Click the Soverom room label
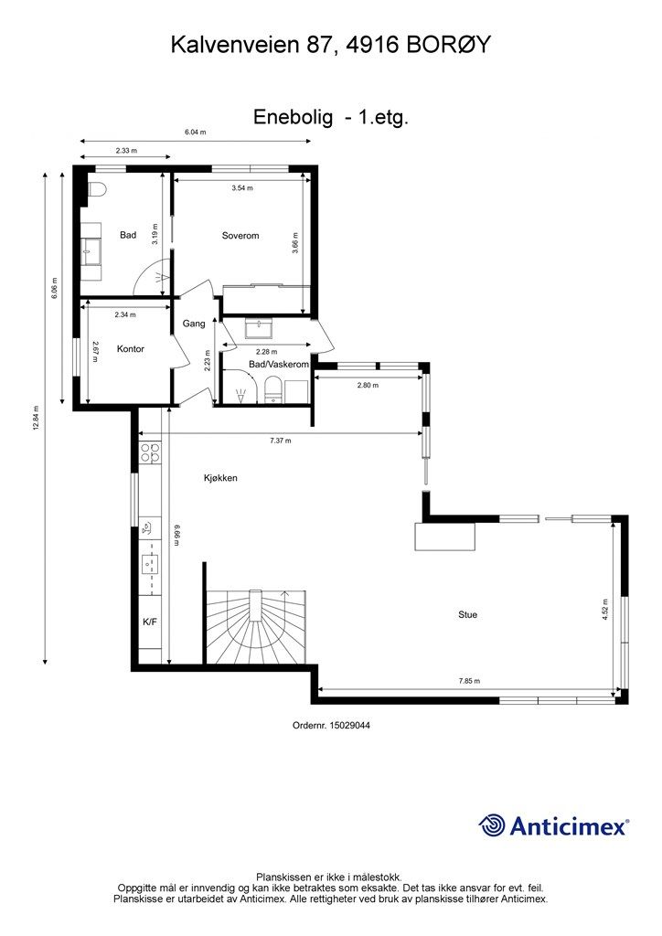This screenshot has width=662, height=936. point(240,236)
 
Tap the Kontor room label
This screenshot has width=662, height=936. point(131,349)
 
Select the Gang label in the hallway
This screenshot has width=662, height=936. point(194,324)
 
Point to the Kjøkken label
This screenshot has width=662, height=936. point(220,478)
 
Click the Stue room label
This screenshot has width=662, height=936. point(468,615)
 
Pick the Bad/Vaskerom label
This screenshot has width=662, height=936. point(279,365)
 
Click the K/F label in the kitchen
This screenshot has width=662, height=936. point(150,622)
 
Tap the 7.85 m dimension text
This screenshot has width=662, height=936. point(469,681)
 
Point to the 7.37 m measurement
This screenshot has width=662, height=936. point(281,441)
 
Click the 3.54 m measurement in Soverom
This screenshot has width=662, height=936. point(241,188)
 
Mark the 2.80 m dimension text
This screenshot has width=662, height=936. point(368,386)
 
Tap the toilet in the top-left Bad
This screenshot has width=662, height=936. point(97,189)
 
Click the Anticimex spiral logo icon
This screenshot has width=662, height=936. point(493,825)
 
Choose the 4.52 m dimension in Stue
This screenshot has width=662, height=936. point(605,610)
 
